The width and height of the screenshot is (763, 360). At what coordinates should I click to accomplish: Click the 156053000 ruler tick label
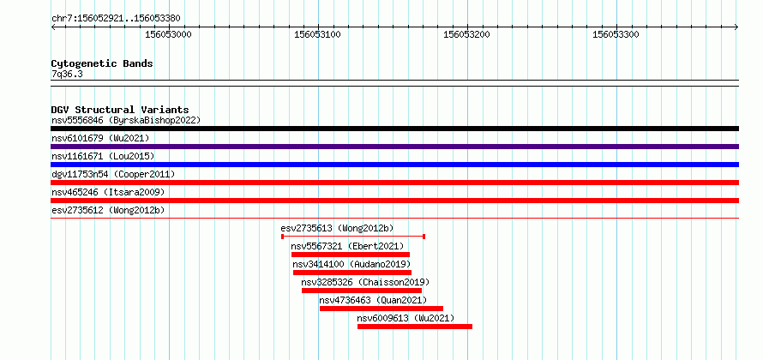coord(168,34)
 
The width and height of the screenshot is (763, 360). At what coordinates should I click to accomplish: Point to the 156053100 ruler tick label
coord(318,34)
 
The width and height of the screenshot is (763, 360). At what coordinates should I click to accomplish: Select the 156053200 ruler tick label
coord(466,34)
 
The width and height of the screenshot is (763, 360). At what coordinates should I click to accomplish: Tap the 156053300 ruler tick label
coord(616,34)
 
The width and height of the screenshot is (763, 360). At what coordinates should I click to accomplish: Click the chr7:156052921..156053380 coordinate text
coord(116,19)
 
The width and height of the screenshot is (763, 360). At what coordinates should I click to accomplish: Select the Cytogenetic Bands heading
coord(102,63)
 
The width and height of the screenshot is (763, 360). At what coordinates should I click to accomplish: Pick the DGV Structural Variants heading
coord(120,110)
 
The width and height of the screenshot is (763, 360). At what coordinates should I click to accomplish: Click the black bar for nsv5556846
coord(394,129)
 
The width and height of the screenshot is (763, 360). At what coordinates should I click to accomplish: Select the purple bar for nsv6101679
coord(394,147)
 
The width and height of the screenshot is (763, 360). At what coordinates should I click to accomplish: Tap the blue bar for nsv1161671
coord(394,165)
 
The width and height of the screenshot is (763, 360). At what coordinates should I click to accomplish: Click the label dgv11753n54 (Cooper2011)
coord(113,174)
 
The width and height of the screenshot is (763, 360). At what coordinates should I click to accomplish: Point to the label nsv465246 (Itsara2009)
coord(108,192)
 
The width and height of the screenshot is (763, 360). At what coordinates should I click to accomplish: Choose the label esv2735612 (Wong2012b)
coord(108,210)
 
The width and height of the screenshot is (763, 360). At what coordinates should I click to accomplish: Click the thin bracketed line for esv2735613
coord(353,237)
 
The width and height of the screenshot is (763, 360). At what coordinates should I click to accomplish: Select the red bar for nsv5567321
coord(351,255)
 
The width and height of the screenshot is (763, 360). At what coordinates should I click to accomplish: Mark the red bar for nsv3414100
coord(352,273)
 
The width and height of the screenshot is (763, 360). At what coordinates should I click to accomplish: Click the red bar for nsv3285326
coord(362,291)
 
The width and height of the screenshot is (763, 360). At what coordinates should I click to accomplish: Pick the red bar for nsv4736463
coord(381,309)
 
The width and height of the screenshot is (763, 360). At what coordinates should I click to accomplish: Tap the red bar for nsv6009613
coord(415,327)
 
